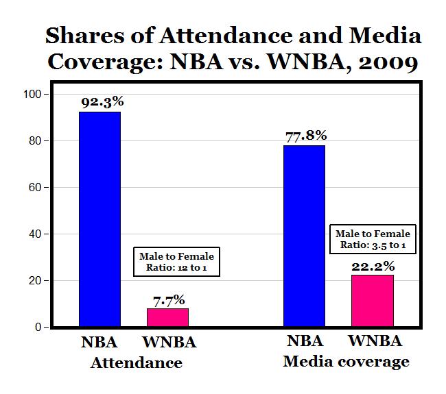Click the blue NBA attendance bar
point(100,219)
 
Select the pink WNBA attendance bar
point(167,317)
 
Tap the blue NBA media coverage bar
point(304,236)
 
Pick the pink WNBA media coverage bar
point(373,301)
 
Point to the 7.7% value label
point(167,300)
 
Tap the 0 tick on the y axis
point(40,328)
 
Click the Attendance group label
point(137,362)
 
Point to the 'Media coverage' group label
point(346,361)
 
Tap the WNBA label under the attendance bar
point(169,342)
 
